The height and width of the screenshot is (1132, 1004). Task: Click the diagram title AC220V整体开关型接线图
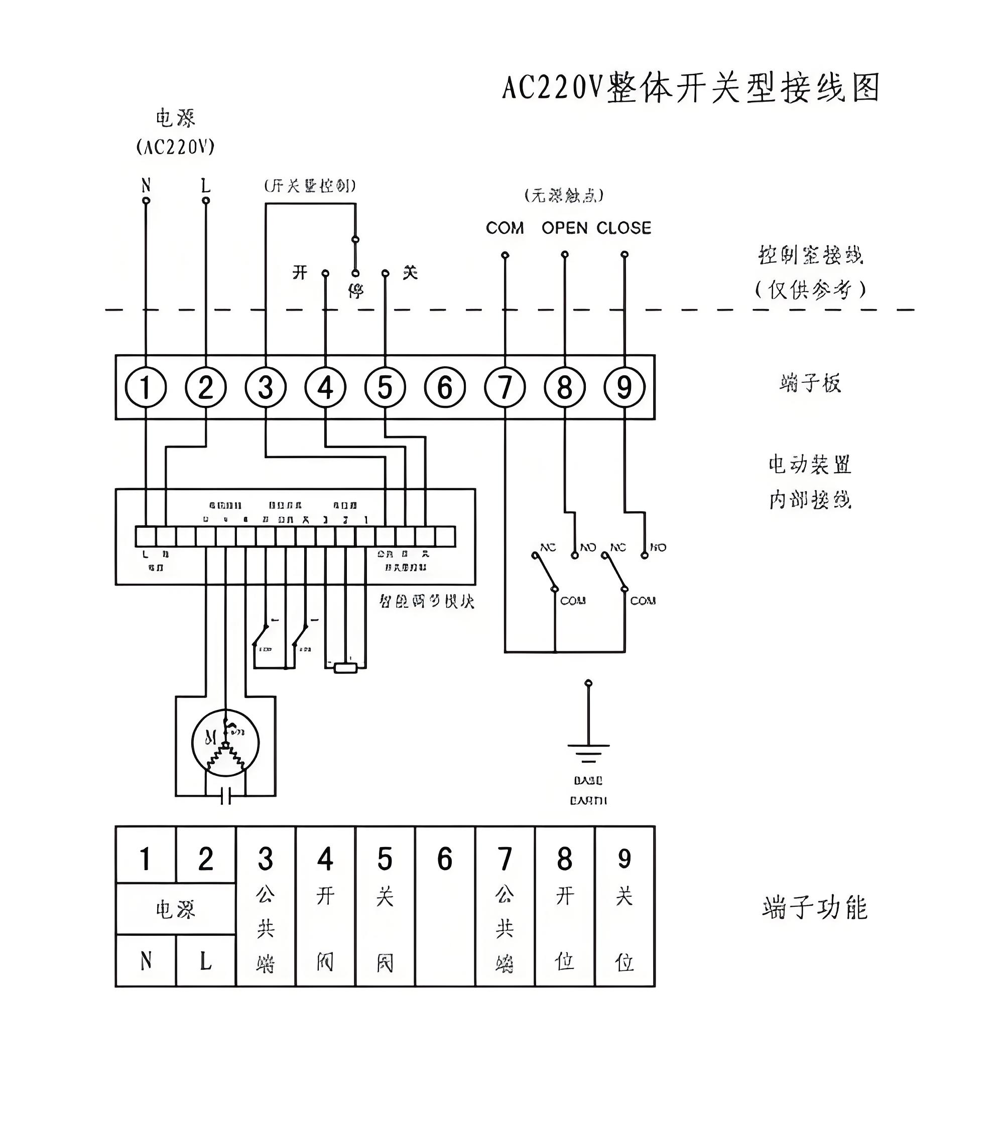[x=690, y=88]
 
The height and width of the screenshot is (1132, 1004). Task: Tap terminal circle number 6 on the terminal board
[x=444, y=387]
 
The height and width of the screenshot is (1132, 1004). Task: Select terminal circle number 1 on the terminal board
[x=146, y=387]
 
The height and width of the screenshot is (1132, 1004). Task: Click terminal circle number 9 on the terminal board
[x=624, y=387]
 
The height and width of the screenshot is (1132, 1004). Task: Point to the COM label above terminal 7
[x=504, y=228]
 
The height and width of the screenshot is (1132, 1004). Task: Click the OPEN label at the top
[x=564, y=228]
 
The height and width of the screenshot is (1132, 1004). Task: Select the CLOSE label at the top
[x=623, y=228]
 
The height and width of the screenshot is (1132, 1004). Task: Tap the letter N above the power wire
[x=146, y=185]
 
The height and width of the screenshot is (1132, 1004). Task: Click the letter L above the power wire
[x=205, y=185]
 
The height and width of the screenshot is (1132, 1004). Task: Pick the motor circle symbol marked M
[x=225, y=742]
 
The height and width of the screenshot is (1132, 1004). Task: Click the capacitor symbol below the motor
[x=225, y=797]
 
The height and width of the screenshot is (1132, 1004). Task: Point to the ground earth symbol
[x=588, y=751]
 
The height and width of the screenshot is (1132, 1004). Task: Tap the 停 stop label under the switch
[x=355, y=290]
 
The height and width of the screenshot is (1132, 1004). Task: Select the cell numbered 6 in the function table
[x=444, y=859]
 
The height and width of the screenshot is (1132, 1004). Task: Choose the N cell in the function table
[x=146, y=961]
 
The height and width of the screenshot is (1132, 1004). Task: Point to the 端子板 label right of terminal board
[x=810, y=383]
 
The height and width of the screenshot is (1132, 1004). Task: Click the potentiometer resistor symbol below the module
[x=345, y=668]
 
